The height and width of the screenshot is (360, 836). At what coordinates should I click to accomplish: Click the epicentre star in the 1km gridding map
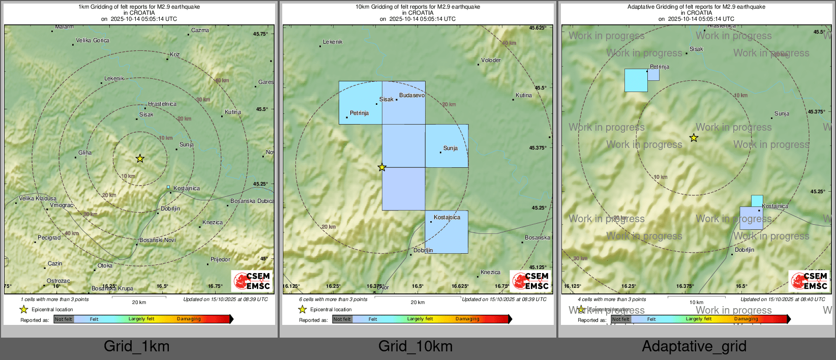[x=140, y=159]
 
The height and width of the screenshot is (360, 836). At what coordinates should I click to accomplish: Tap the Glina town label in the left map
[x=85, y=153]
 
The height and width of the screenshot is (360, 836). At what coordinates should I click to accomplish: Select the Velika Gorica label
[x=93, y=41]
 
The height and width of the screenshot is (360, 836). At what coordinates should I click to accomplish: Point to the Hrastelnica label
[x=162, y=104]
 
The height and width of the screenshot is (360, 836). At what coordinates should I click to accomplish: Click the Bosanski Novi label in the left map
[x=158, y=240]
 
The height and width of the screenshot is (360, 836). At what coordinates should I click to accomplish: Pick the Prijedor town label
[x=220, y=259]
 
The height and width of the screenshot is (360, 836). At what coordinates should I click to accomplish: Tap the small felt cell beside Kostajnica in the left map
[x=168, y=187]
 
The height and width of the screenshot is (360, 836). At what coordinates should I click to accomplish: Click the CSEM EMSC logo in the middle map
[x=530, y=281]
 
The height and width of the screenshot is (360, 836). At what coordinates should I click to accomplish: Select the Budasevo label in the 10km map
[x=412, y=95]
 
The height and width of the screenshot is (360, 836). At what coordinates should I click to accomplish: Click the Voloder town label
[x=491, y=60]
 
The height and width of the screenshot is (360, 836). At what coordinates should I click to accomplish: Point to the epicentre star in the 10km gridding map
[x=382, y=167]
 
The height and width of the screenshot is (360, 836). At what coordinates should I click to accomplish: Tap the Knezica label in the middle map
[x=490, y=272]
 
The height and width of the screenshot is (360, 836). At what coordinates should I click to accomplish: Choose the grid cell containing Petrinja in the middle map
[x=360, y=103]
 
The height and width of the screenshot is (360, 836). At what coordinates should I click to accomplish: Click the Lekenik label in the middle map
[x=333, y=42]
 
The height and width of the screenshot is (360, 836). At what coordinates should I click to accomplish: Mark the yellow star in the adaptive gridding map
[x=694, y=138]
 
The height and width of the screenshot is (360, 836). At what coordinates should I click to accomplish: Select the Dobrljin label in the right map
[x=744, y=250]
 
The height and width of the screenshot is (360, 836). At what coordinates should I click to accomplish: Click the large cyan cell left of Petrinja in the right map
[x=636, y=80]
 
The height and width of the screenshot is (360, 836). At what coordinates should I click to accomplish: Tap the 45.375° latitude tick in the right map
[x=817, y=112]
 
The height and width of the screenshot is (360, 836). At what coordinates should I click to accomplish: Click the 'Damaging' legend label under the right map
[x=745, y=319]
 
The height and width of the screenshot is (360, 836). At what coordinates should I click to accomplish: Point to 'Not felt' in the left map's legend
[x=64, y=319]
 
